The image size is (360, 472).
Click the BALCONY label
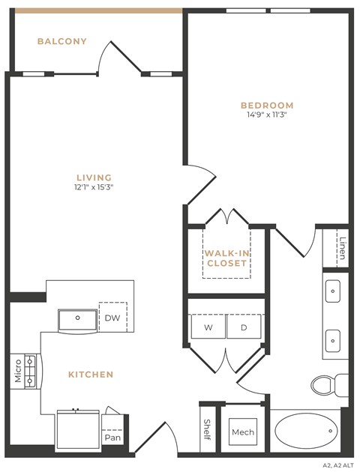pos(62,41)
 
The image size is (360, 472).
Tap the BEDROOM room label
pos(267,106)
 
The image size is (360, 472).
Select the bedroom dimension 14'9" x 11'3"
pos(267,115)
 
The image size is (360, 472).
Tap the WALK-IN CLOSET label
pos(226,258)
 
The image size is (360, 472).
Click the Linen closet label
pos(342,249)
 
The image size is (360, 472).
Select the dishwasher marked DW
pos(112,318)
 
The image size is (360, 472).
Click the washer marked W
pos(208,327)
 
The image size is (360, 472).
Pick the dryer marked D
pos(244,327)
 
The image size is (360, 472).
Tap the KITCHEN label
pos(91,374)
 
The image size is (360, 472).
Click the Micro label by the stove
pos(18,371)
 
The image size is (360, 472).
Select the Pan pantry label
pos(112,437)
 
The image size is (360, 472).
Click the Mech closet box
pos(243,432)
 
